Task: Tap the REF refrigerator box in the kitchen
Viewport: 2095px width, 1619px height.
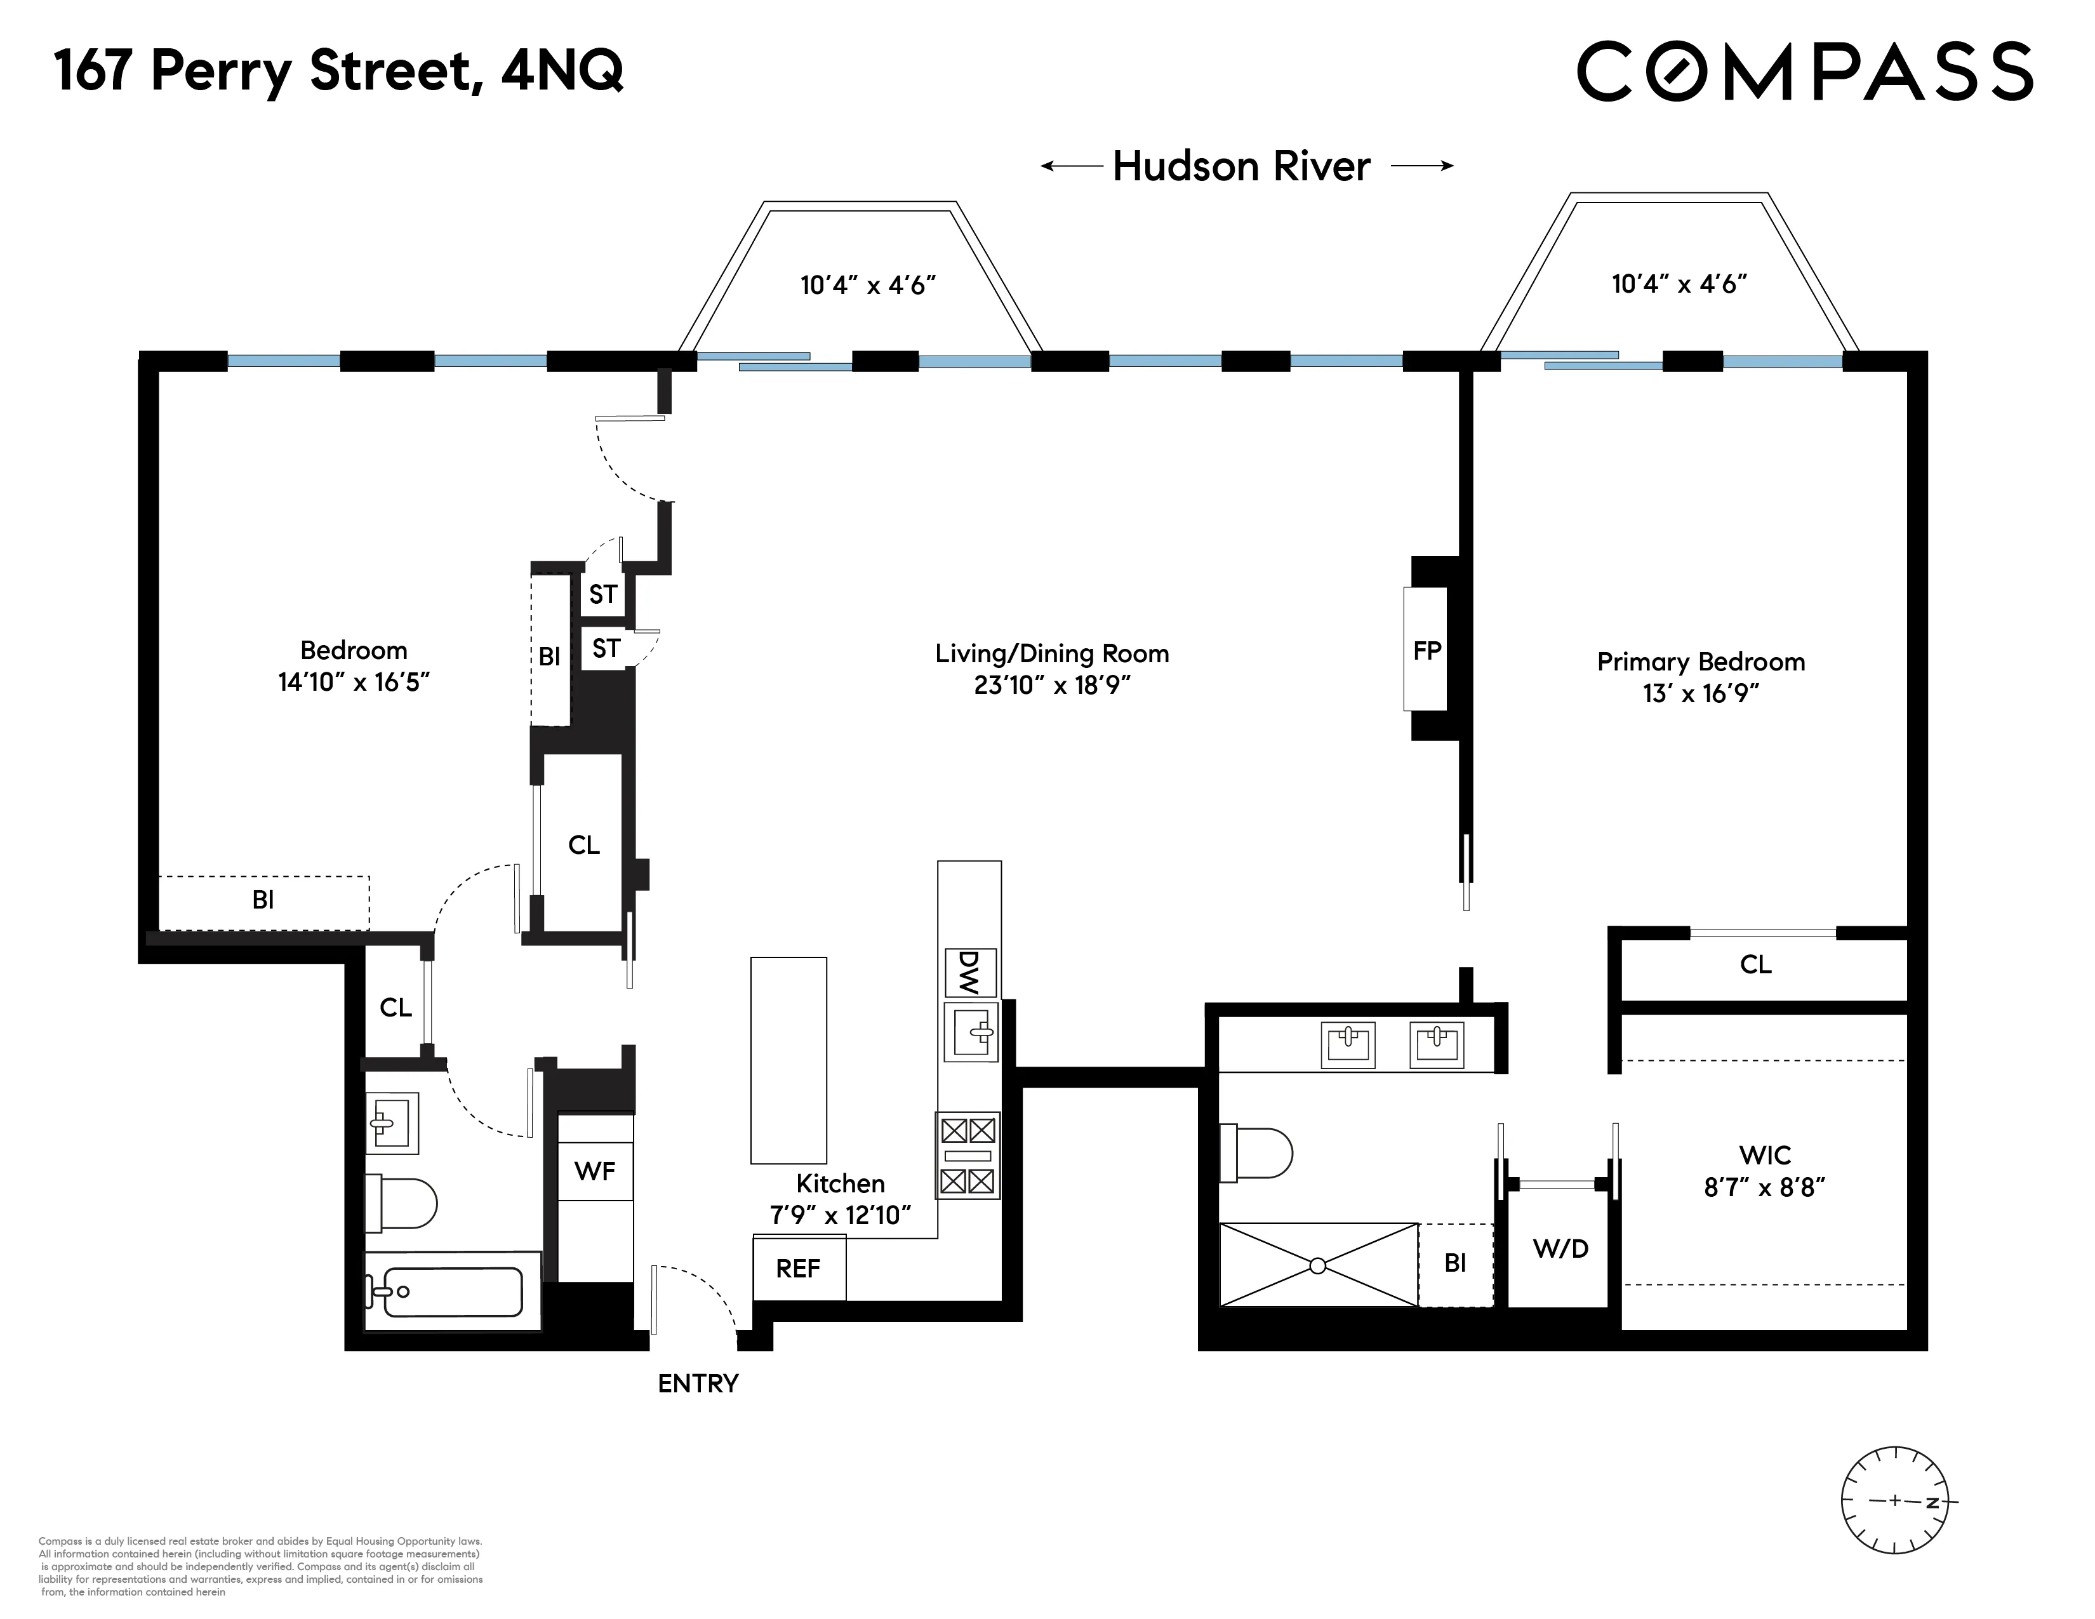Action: click(x=798, y=1268)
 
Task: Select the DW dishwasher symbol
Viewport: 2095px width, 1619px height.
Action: click(x=970, y=973)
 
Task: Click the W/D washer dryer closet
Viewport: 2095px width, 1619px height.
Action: click(x=1560, y=1248)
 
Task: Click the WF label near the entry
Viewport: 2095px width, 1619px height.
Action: click(x=595, y=1170)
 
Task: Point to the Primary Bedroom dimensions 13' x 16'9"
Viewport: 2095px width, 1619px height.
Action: click(x=1701, y=693)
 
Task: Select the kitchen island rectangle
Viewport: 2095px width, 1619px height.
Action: click(x=788, y=1060)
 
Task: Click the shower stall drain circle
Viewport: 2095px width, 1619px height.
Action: click(x=1318, y=1265)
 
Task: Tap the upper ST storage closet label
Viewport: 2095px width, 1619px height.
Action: click(x=602, y=595)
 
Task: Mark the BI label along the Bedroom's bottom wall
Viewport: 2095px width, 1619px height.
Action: click(x=263, y=900)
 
